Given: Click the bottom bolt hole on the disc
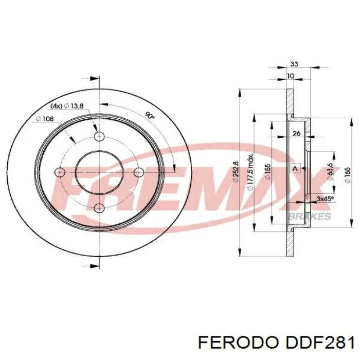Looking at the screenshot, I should coord(99,207).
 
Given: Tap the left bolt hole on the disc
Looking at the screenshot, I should coord(60,172).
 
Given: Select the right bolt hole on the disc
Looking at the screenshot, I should coord(138,172).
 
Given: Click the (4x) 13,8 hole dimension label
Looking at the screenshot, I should coord(67,105).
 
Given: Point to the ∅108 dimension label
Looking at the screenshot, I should coord(45,119).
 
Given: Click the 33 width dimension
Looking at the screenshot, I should coord(294,64).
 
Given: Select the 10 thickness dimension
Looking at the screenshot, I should coord(290,76).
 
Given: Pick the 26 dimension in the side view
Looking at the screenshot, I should coord(296,134).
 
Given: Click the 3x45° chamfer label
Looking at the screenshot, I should coord(325,198).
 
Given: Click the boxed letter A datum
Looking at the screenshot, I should coord(295,169).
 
